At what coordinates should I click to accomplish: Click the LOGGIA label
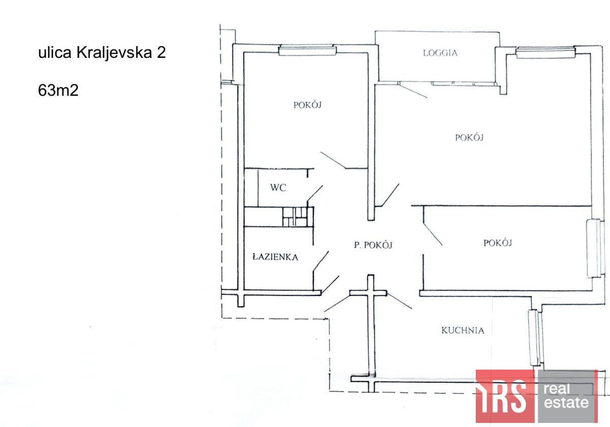click(440, 53)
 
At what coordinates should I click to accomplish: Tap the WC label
click(278, 188)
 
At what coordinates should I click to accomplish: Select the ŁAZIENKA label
click(275, 257)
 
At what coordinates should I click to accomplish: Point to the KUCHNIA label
click(463, 331)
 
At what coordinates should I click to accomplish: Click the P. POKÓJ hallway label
click(374, 245)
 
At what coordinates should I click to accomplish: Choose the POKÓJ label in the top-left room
click(308, 105)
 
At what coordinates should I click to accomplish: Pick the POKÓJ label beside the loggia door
click(469, 137)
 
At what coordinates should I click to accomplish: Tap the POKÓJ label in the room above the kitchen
click(497, 243)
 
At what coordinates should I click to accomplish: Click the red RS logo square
click(505, 396)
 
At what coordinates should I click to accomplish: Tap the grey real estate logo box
click(567, 396)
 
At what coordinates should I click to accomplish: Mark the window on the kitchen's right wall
click(533, 337)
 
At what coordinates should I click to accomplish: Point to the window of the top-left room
click(308, 50)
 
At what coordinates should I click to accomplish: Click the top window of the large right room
click(545, 52)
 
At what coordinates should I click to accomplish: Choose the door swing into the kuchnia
click(400, 301)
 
